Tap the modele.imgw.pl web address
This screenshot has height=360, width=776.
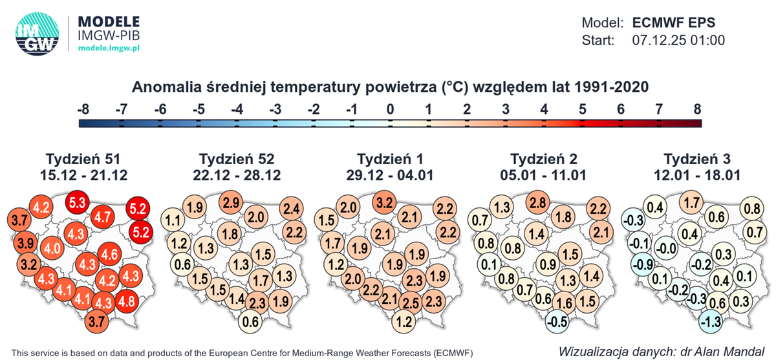pos(109,48)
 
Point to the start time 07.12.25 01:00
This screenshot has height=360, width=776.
pos(677,40)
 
